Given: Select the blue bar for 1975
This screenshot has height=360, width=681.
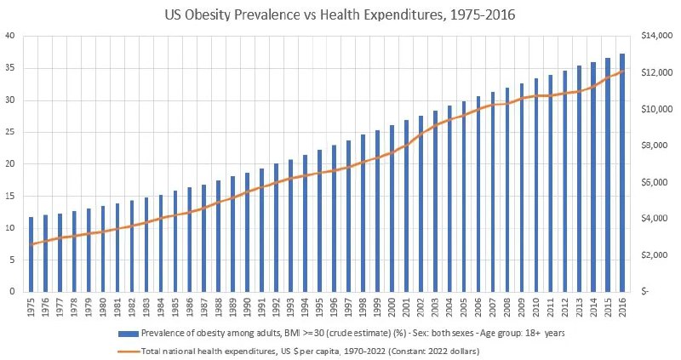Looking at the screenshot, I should click(x=31, y=254).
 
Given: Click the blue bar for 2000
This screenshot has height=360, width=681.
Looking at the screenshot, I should click(x=391, y=209).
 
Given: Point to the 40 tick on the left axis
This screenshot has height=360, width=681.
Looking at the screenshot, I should click(x=9, y=36).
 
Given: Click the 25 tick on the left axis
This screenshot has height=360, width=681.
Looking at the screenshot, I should click(x=9, y=132).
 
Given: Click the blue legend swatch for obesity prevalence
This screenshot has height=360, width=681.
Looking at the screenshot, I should click(x=127, y=333).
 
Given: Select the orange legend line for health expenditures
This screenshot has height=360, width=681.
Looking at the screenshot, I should click(x=127, y=350).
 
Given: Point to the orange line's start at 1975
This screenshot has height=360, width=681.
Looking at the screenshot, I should click(x=31, y=245).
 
